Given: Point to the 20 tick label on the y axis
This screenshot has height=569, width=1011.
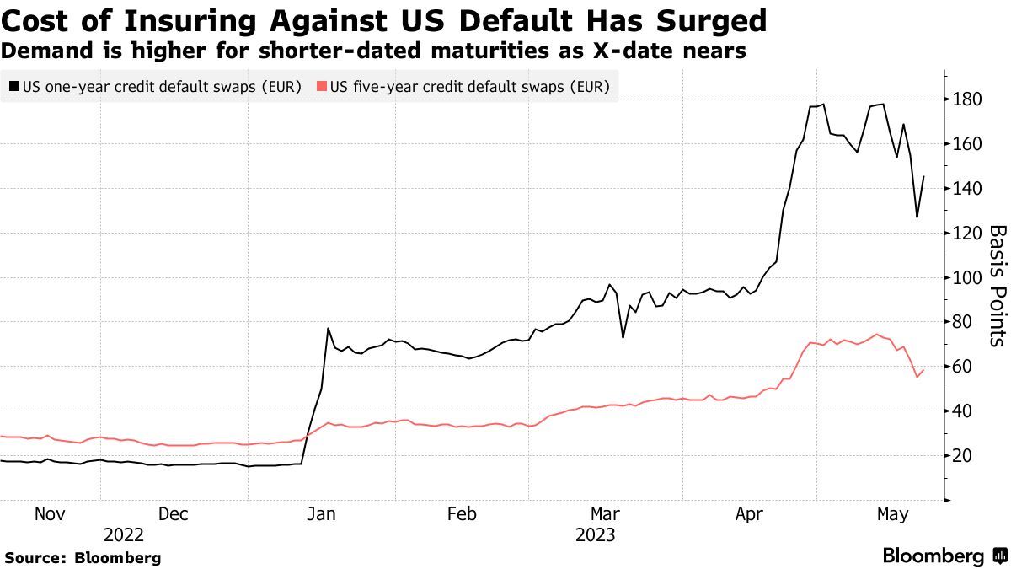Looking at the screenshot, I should point(962,456).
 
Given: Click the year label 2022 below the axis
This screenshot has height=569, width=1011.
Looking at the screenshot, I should point(125,534).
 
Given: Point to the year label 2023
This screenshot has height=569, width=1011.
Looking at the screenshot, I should point(595,534).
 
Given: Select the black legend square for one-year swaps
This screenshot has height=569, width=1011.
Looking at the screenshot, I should point(14,86).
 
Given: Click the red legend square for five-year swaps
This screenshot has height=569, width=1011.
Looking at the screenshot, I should point(322,86).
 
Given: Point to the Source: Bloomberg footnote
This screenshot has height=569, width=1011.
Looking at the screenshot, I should point(83,557).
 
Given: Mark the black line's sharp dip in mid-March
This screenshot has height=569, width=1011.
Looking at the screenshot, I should point(623,337).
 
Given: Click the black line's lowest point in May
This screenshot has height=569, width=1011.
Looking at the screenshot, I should point(917,217).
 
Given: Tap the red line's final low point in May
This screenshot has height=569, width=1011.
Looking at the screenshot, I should point(917,377).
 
